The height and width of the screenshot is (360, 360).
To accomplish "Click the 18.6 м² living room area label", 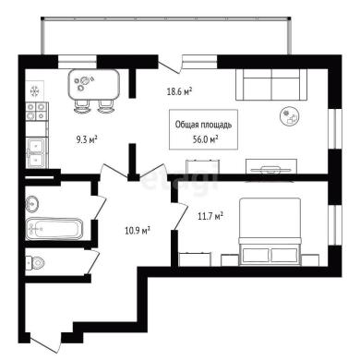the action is click(x=179, y=91).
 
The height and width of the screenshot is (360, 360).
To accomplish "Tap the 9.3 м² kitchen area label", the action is click(x=87, y=140).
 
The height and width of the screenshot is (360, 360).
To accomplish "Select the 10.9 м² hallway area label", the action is click(x=138, y=230).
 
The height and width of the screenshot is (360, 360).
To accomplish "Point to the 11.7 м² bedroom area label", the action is click(x=210, y=216).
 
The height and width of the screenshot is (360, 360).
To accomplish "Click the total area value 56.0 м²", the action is click(x=206, y=139).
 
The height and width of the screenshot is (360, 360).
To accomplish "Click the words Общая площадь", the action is click(x=203, y=125).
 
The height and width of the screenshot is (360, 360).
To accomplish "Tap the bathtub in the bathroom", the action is click(x=54, y=229).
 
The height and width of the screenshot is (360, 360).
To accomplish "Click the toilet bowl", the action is click(x=35, y=263).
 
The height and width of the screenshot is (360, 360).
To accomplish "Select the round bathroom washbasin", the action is click(x=32, y=203).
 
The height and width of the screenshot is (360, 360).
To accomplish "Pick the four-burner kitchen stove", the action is click(x=36, y=111).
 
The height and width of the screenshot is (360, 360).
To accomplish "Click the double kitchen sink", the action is click(x=37, y=152).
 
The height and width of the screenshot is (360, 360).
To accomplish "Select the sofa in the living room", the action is click(x=271, y=85).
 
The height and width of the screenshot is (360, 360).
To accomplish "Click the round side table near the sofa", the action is click(x=290, y=116).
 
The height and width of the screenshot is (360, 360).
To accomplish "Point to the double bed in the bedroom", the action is click(x=270, y=232).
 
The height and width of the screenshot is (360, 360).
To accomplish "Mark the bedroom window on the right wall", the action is click(x=335, y=224).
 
